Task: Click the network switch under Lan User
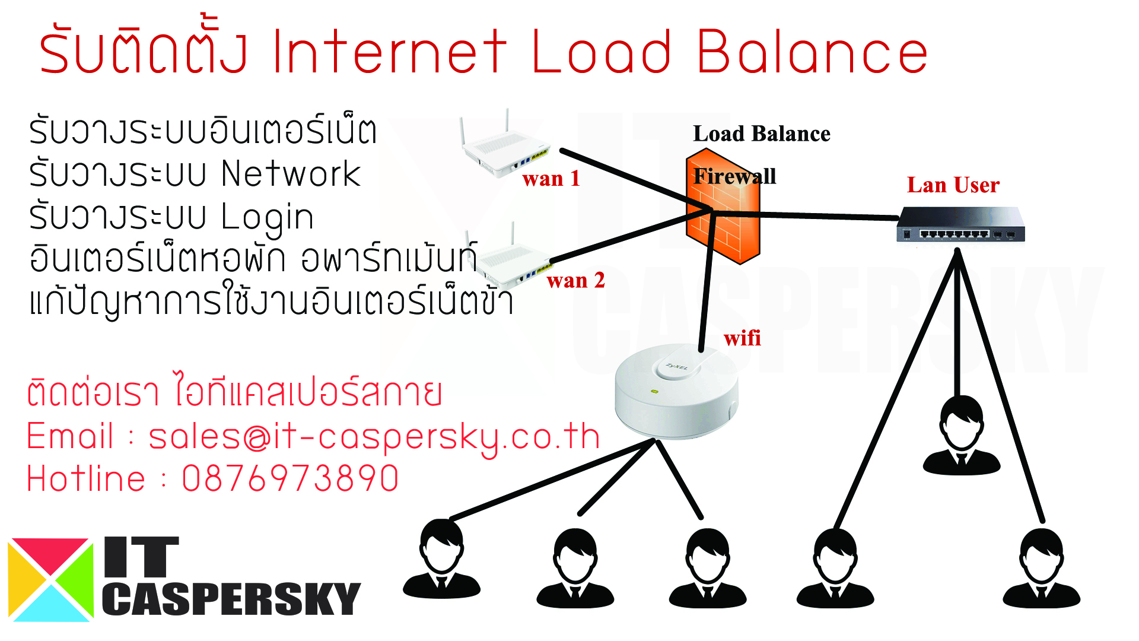click(x=960, y=224)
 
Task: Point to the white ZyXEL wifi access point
click(x=676, y=392)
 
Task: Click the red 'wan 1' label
click(x=551, y=179)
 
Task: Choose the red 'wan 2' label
click(x=575, y=280)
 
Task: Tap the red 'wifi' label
click(x=742, y=338)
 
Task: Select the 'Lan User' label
click(x=953, y=185)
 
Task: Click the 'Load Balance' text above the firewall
click(x=761, y=134)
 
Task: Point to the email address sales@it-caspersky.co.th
click(x=374, y=437)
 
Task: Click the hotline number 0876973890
click(x=290, y=479)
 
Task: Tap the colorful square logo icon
click(x=50, y=580)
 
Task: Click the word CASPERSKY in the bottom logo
click(x=231, y=599)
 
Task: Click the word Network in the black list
click(x=291, y=174)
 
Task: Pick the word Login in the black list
click(x=267, y=218)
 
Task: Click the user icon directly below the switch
click(x=962, y=436)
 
